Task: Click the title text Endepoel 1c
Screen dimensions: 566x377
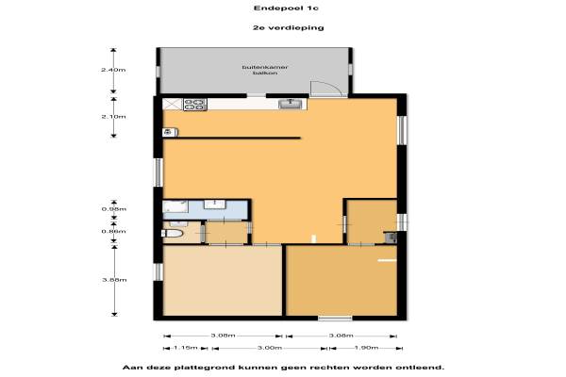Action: [286, 8]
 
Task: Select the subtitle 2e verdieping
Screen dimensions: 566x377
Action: [288, 27]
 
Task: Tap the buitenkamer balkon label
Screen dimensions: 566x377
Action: [265, 70]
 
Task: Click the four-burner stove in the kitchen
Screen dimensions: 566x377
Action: [195, 105]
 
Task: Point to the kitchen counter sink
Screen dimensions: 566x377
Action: [291, 104]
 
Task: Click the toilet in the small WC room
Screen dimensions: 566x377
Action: [174, 234]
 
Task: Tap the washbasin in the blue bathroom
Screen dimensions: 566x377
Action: [215, 204]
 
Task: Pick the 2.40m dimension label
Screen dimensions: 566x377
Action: [113, 70]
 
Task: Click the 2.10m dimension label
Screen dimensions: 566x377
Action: [113, 117]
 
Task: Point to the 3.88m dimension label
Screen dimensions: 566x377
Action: [114, 280]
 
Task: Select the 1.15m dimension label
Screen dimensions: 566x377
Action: [186, 348]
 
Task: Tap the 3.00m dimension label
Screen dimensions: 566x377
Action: [269, 348]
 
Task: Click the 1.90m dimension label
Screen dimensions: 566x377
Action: [366, 348]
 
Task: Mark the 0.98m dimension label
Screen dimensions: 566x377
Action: [114, 209]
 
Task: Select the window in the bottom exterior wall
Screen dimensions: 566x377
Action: [335, 319]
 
